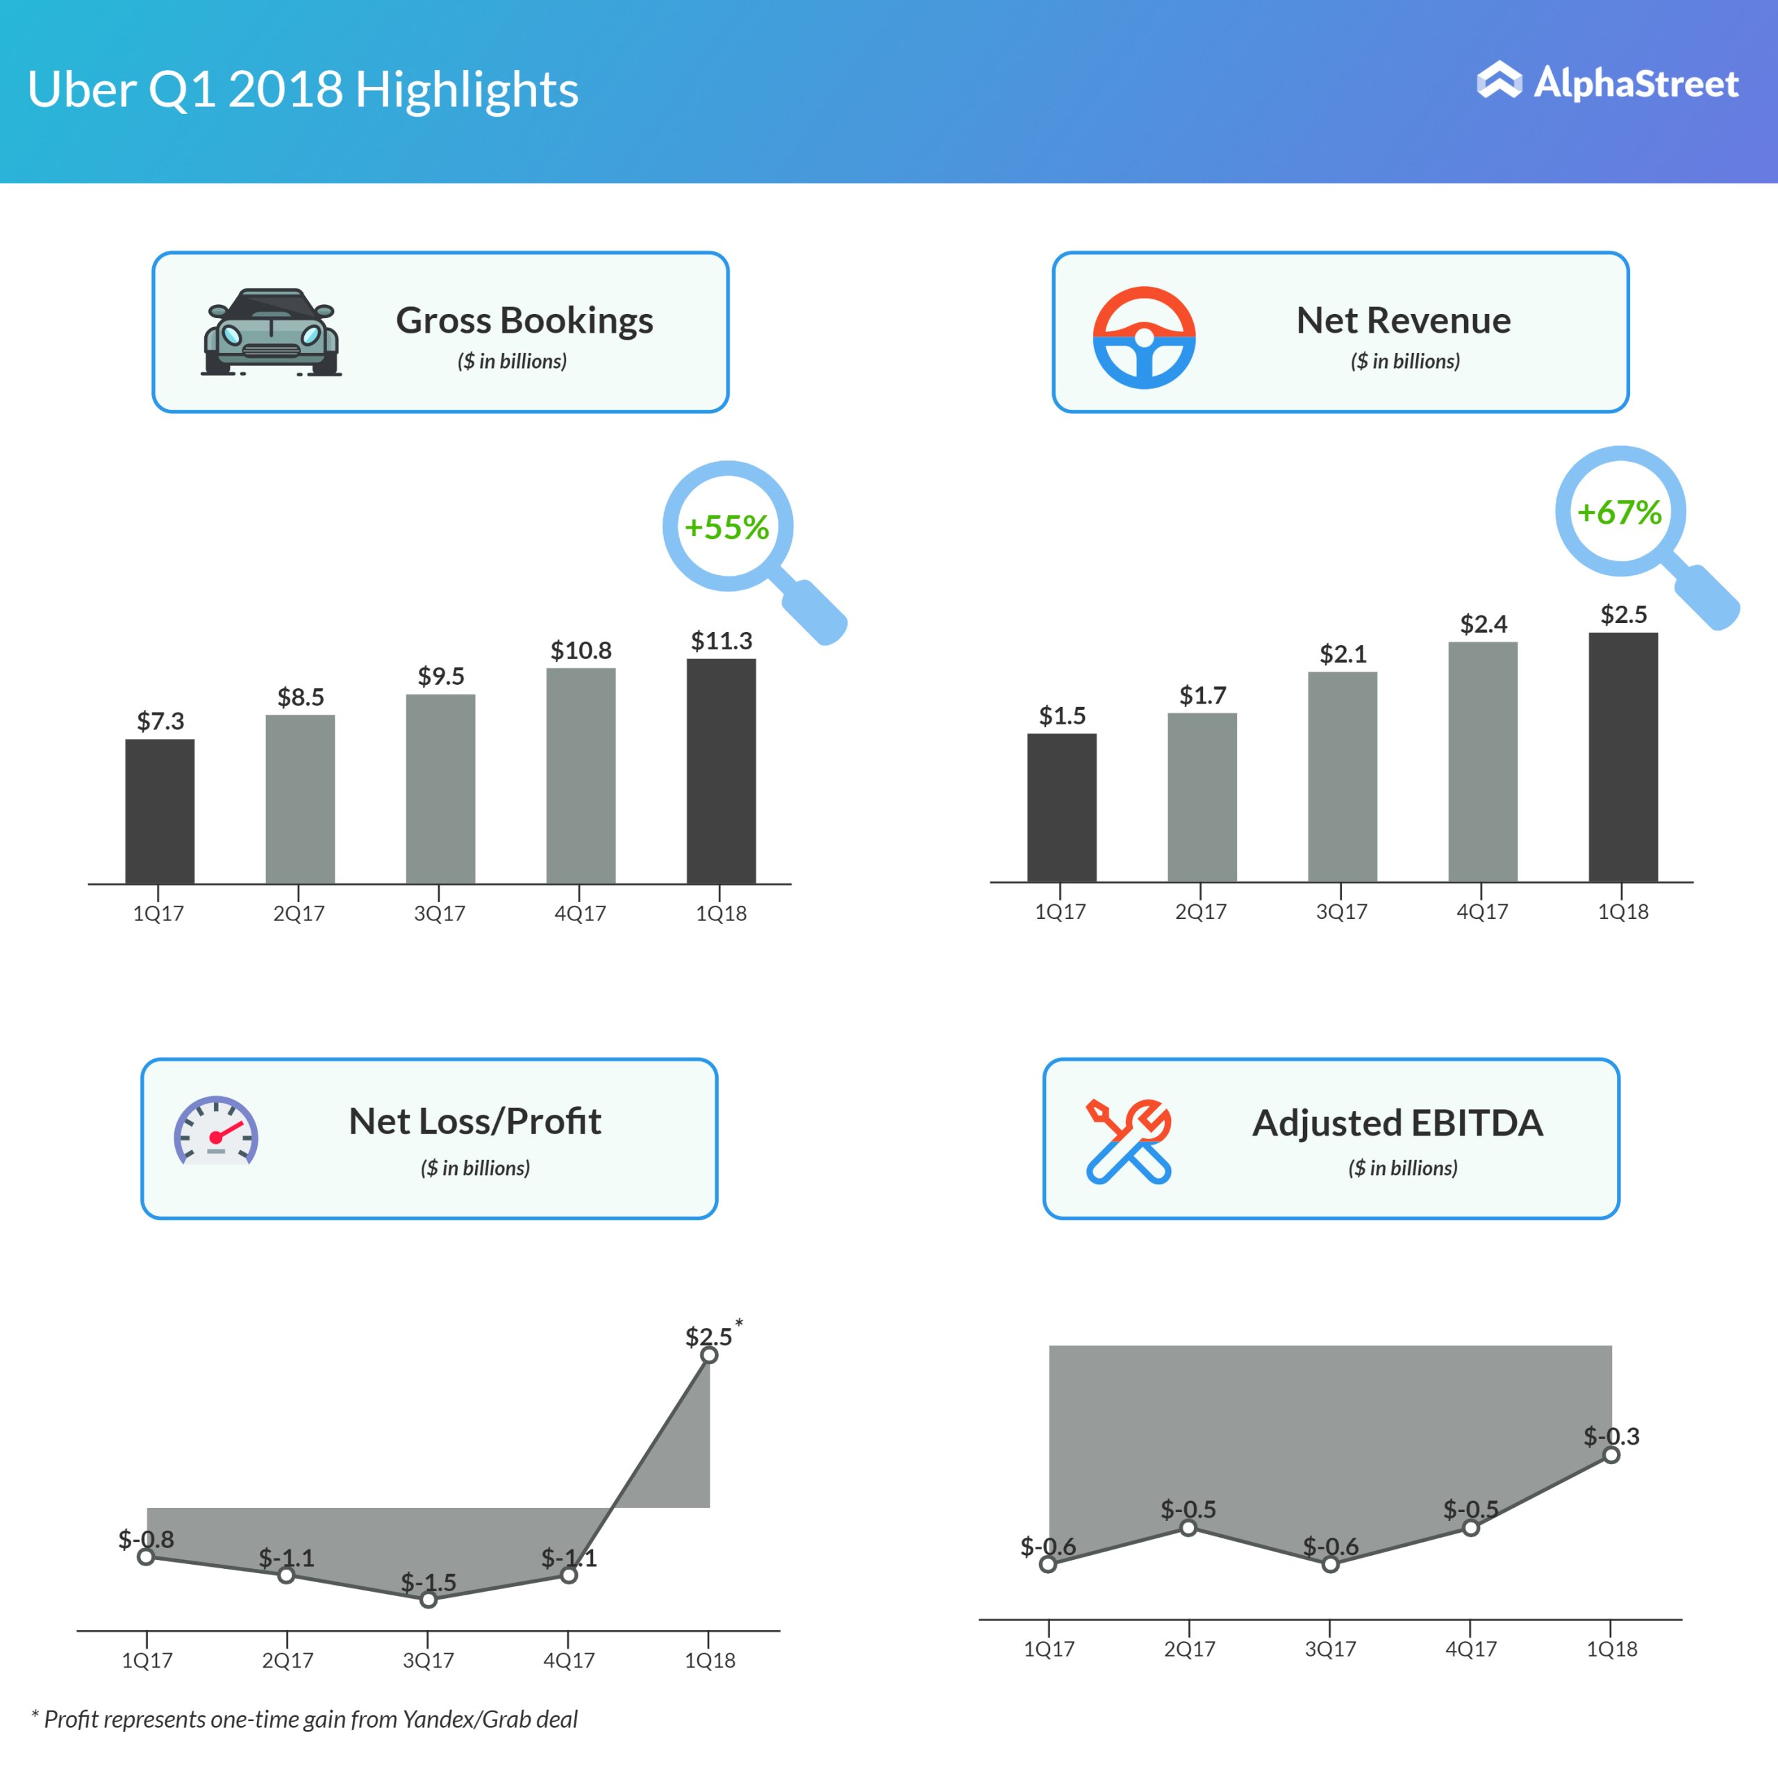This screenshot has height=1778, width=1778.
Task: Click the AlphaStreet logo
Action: point(1607,83)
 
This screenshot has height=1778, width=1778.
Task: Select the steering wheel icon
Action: point(1144,337)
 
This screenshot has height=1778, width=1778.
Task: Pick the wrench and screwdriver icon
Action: point(1129,1141)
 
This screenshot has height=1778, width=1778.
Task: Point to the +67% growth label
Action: point(1619,513)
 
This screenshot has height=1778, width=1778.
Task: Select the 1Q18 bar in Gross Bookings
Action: point(721,771)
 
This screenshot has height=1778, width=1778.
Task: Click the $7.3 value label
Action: point(160,721)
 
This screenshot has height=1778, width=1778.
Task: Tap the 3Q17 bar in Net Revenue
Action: point(1342,776)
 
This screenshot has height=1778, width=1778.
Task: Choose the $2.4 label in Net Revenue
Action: point(1483,624)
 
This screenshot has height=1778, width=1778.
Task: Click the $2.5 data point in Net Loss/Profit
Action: point(708,1354)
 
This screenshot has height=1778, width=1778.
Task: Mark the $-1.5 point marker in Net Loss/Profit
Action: point(428,1600)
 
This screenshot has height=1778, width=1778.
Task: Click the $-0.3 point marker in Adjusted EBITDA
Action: point(1611,1455)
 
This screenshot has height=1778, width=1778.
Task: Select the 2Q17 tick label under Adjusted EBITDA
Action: point(1189,1649)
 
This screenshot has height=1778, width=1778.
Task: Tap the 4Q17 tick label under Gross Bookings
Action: point(580,914)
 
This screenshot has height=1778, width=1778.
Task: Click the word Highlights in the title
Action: point(467,90)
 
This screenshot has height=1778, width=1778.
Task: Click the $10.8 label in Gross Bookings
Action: point(581,651)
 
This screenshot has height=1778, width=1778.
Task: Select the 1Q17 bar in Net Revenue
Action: point(1061,808)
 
